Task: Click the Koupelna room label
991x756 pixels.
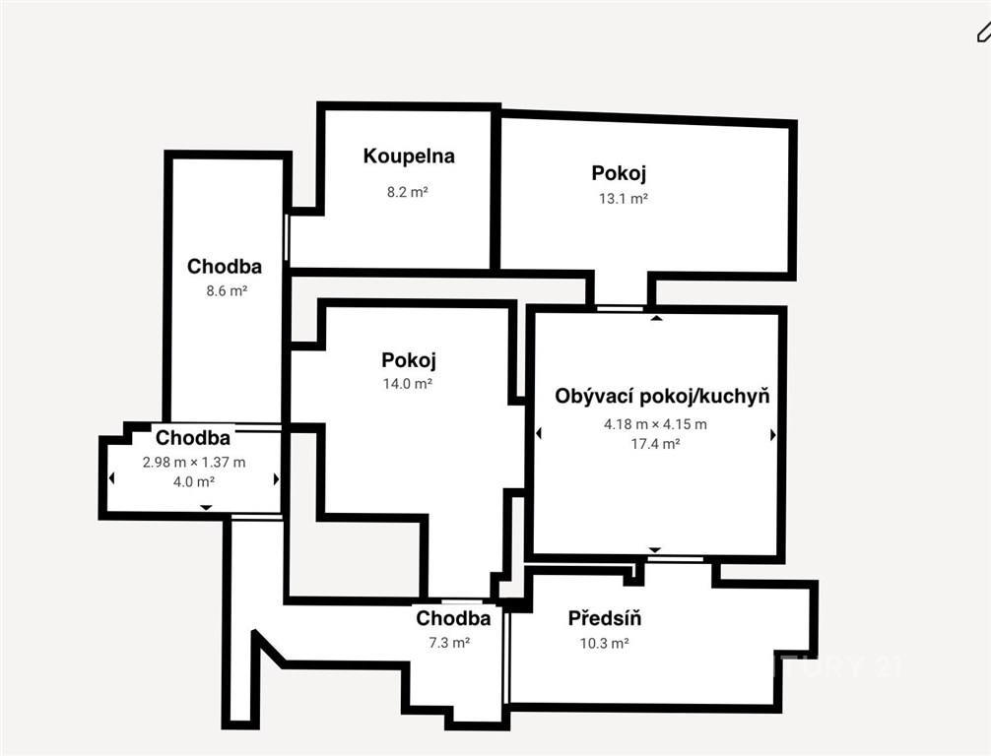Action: pyautogui.click(x=409, y=157)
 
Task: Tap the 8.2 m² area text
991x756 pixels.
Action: pyautogui.click(x=408, y=192)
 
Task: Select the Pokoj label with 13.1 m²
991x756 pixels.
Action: pyautogui.click(x=619, y=173)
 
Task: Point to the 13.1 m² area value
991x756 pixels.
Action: pyautogui.click(x=624, y=199)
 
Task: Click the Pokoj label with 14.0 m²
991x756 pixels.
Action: pyautogui.click(x=408, y=360)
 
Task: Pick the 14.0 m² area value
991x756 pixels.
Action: pyautogui.click(x=408, y=384)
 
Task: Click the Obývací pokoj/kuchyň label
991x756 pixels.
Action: pyautogui.click(x=662, y=397)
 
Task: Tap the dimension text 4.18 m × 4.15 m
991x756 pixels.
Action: pyautogui.click(x=655, y=424)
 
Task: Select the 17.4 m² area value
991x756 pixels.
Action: pyautogui.click(x=655, y=444)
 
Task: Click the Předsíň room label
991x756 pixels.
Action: pyautogui.click(x=605, y=618)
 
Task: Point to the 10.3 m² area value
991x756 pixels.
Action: pyautogui.click(x=604, y=644)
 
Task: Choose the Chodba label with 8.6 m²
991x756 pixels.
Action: pyautogui.click(x=225, y=267)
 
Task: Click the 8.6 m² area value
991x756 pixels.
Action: pyautogui.click(x=227, y=291)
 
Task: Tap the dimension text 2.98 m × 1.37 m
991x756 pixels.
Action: pyautogui.click(x=194, y=463)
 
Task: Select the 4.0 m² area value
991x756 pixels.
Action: pyautogui.click(x=194, y=482)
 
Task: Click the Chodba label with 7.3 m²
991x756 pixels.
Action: pyautogui.click(x=453, y=618)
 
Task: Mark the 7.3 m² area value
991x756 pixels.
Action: pyautogui.click(x=449, y=643)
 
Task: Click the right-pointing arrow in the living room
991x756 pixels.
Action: pyautogui.click(x=773, y=434)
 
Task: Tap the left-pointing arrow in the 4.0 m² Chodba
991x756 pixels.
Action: pyautogui.click(x=112, y=478)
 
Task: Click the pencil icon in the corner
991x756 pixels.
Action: pyautogui.click(x=984, y=31)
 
